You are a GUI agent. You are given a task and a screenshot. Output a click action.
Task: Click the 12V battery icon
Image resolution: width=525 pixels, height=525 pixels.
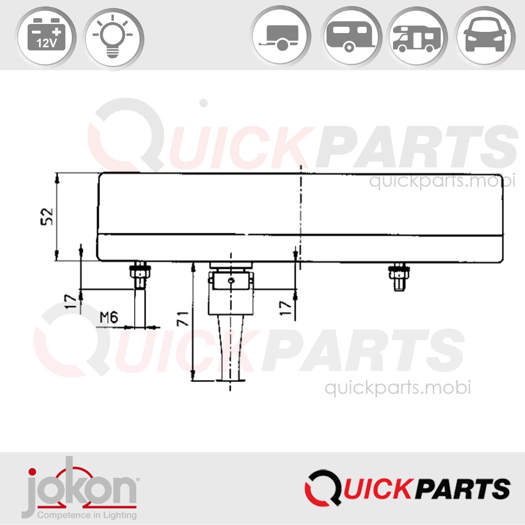coord(46,37)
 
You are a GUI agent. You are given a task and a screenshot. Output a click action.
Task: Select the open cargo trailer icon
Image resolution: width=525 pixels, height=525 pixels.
coord(280,37)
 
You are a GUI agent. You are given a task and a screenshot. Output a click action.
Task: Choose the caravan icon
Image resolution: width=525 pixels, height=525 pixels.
coord(350,37)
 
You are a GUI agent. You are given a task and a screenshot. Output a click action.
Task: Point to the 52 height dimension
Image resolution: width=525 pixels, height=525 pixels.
coord(47,216)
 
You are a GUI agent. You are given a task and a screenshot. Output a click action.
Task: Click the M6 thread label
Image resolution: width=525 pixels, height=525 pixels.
coord(109,317)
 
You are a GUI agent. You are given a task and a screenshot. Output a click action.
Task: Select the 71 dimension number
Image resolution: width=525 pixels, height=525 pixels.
coord(182,318)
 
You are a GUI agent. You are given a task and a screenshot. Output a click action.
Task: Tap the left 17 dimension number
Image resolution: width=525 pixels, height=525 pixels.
coord(71,301)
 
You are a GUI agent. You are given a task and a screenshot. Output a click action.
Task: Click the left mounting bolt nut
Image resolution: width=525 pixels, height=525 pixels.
coord(139,271)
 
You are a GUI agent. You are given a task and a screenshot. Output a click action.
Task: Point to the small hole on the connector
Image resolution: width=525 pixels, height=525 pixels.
coord(231,280)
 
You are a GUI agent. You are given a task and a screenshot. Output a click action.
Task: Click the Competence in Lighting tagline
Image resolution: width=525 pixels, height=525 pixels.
coord(87,515)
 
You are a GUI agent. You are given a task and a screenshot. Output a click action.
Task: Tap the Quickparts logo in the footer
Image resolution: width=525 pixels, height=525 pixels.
coord(407,488)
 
